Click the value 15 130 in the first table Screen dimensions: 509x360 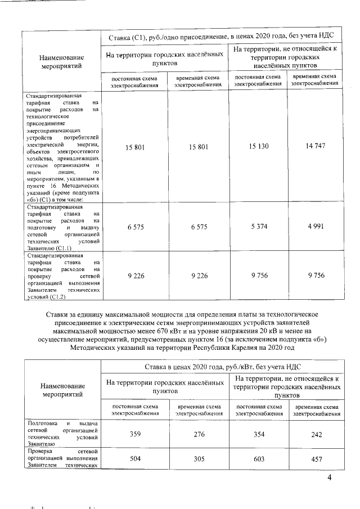tap(259, 147)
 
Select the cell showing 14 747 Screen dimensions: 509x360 tap(316, 147)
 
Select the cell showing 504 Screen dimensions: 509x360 tap(134, 459)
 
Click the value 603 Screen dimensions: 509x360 tap(259, 459)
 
